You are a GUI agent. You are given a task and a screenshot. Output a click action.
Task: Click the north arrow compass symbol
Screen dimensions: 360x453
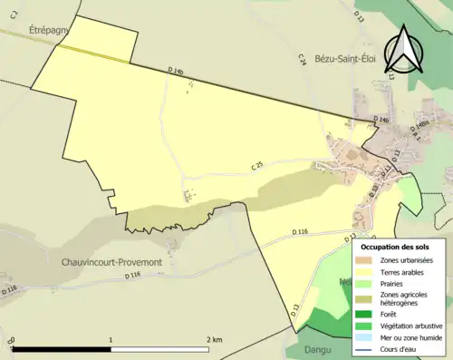click(406, 51)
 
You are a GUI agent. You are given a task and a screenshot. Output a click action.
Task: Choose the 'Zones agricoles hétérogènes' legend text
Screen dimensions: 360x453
click(406, 299)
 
